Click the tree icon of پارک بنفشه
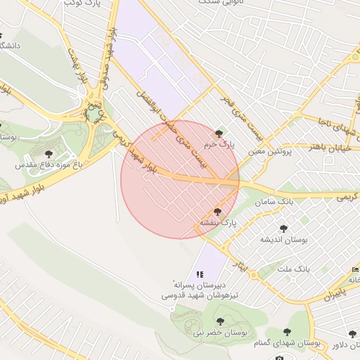click(x=217, y=212)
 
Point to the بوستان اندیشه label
click(x=285, y=240)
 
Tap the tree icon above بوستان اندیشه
click(x=283, y=229)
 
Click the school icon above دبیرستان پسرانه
click(x=200, y=274)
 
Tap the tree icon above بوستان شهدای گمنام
click(x=286, y=331)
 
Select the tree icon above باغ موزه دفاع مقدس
click(x=49, y=153)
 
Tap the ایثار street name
click(x=240, y=266)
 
